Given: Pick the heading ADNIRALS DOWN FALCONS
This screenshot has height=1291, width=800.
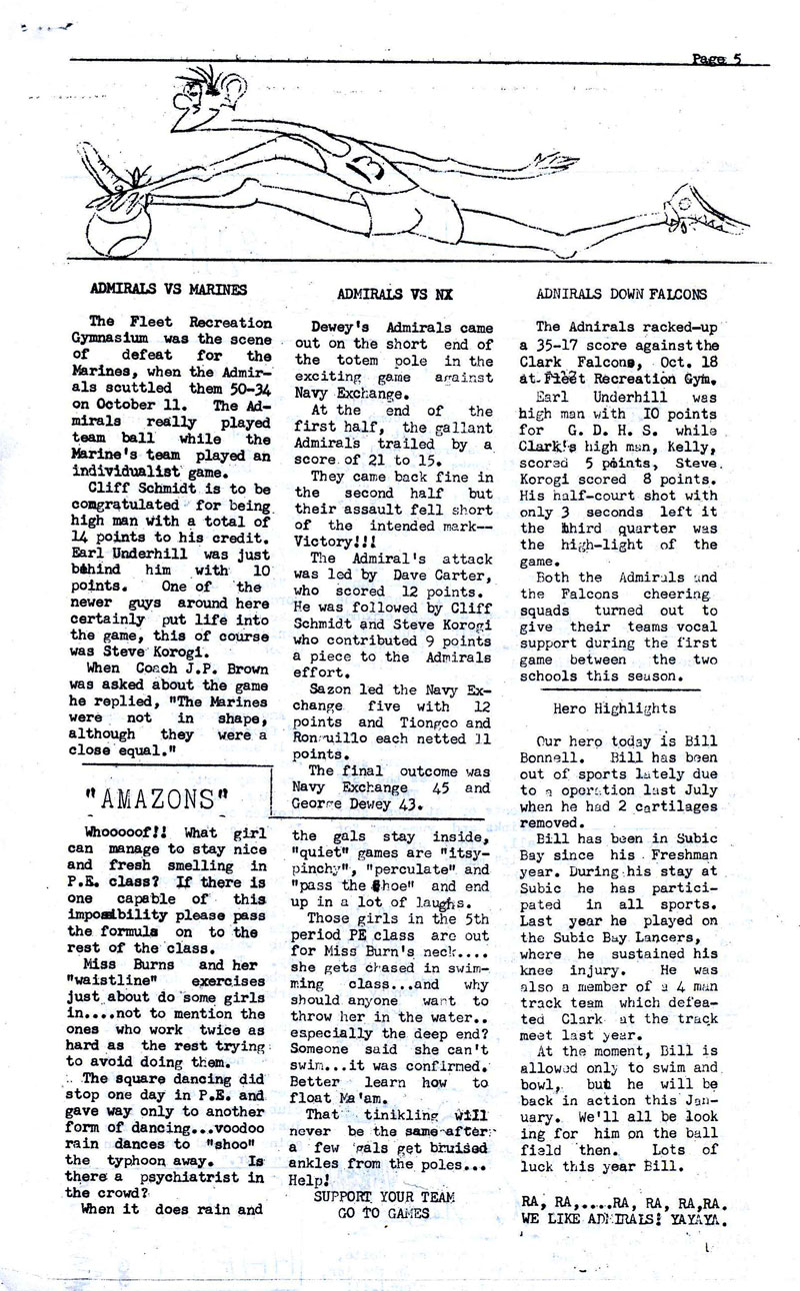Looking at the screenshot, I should [x=621, y=294].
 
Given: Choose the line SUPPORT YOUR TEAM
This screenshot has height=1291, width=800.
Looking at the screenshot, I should [x=384, y=1196].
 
